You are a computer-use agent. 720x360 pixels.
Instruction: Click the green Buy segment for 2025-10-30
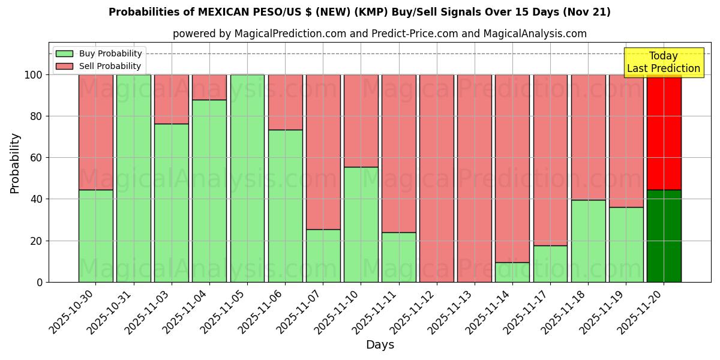[x=95, y=236]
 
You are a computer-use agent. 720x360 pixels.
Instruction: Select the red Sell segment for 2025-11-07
[x=323, y=152]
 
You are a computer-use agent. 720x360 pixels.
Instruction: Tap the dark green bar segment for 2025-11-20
[x=664, y=236]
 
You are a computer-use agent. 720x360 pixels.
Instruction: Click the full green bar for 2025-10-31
[x=133, y=178]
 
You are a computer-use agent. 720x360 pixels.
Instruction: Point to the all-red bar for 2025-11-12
[x=436, y=178]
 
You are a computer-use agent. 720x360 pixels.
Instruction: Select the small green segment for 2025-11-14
[x=512, y=272]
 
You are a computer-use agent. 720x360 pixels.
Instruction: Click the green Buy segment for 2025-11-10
[x=361, y=224]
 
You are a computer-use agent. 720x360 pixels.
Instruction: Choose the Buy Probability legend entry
[x=99, y=53]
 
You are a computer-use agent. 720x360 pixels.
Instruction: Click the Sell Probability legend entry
[x=99, y=66]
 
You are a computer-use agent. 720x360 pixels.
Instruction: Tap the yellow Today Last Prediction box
[x=663, y=62]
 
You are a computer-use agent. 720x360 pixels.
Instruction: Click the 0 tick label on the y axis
[x=40, y=282]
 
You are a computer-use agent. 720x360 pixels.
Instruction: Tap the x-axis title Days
[x=380, y=345]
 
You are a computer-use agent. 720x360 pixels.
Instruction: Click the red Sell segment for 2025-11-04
[x=209, y=87]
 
